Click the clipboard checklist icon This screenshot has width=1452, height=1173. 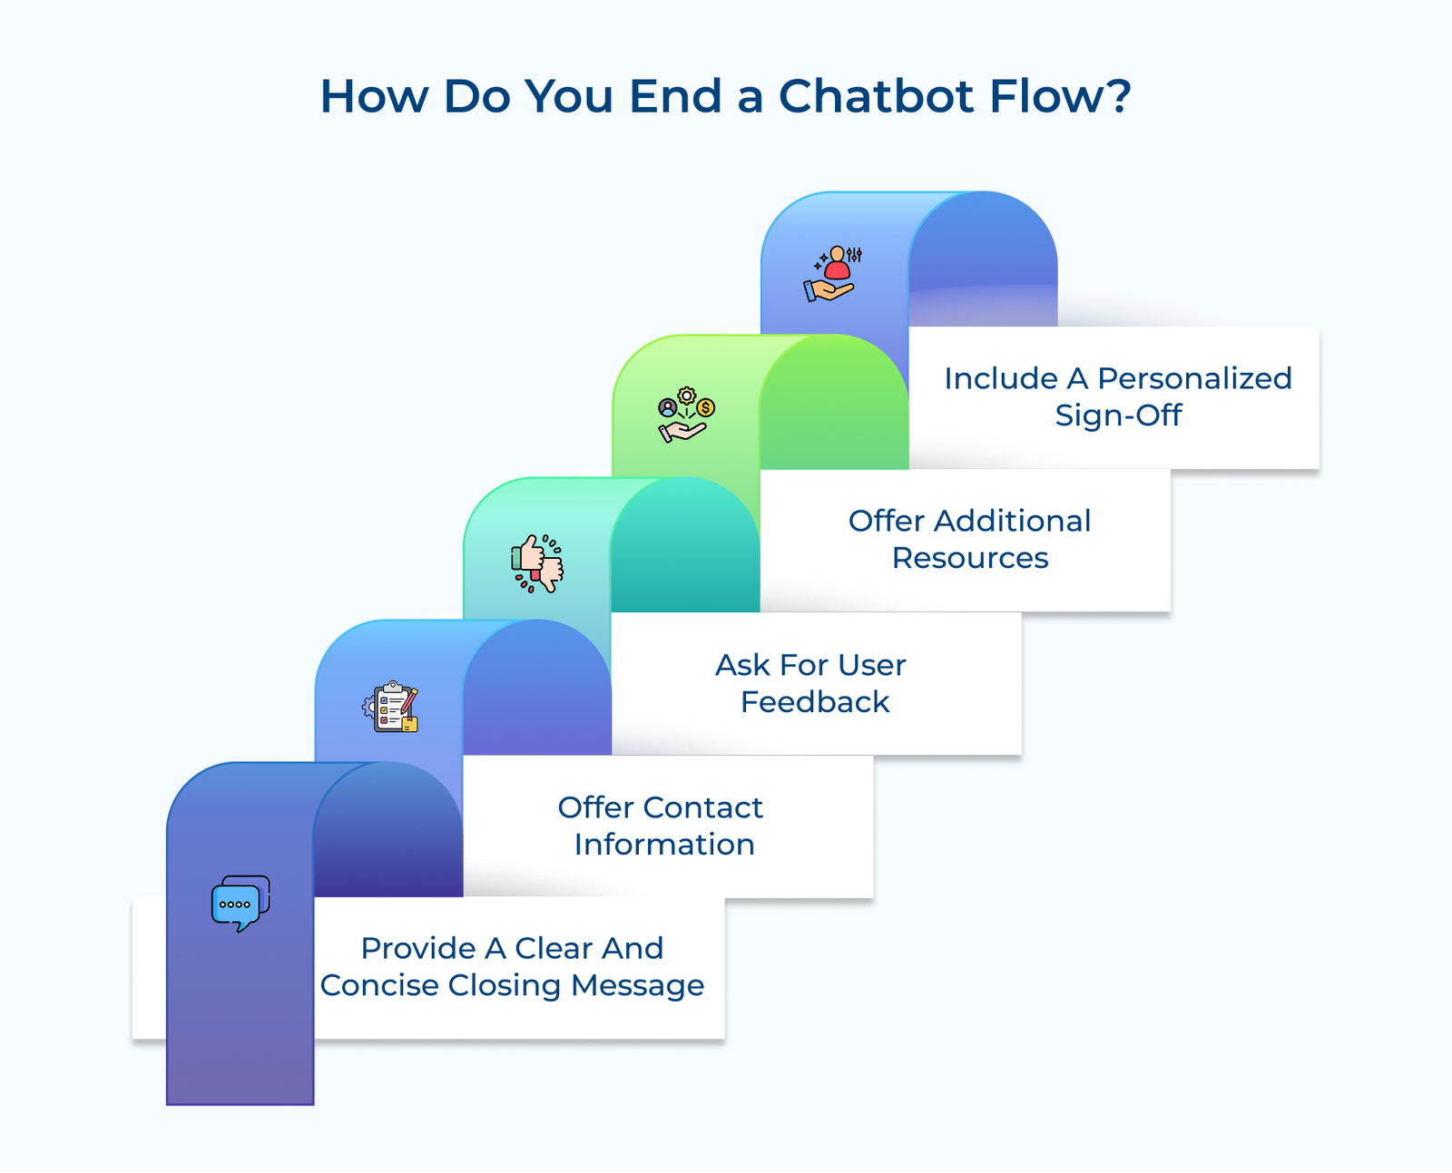(391, 708)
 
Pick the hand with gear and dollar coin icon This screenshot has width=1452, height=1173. (686, 415)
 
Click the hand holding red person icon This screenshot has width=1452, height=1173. (832, 273)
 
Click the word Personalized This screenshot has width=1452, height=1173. (1193, 378)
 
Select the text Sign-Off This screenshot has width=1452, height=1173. (1118, 415)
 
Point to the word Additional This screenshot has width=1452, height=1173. (1012, 521)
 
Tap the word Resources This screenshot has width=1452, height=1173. (970, 558)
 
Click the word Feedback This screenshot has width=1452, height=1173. (815, 702)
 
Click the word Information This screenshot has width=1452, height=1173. (664, 845)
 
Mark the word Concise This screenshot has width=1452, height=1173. (378, 985)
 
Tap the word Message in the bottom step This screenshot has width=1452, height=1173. (637, 985)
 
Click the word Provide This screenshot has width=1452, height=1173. (418, 948)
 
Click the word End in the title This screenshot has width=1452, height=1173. (675, 96)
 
